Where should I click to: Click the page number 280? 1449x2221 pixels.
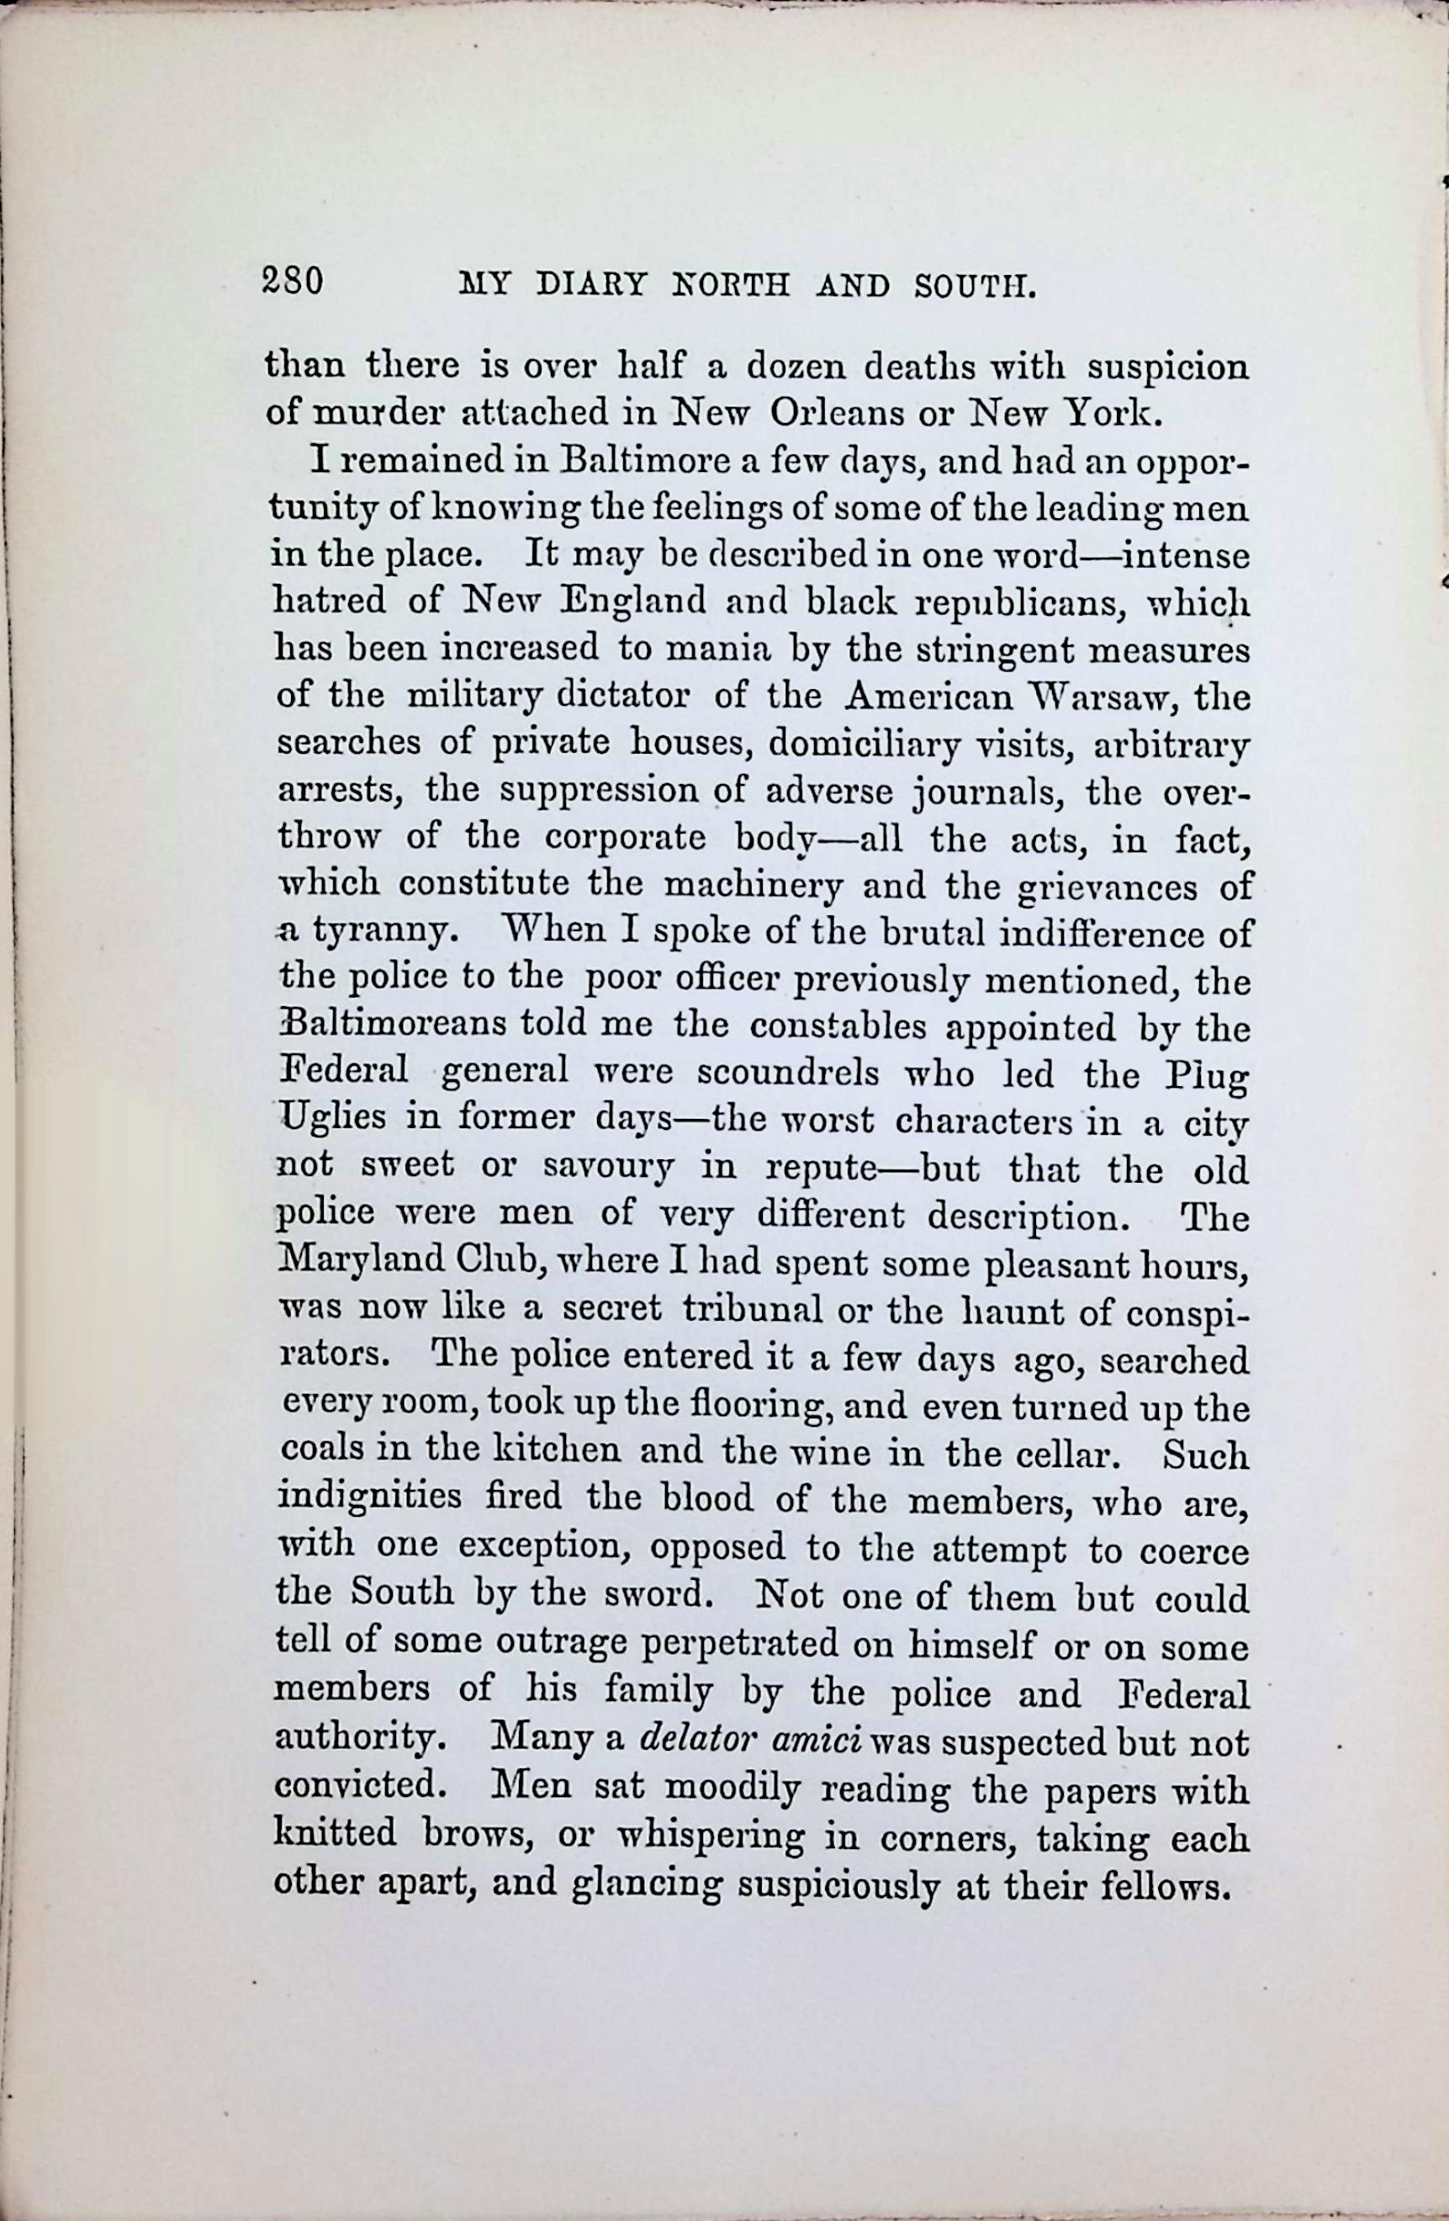293,281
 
